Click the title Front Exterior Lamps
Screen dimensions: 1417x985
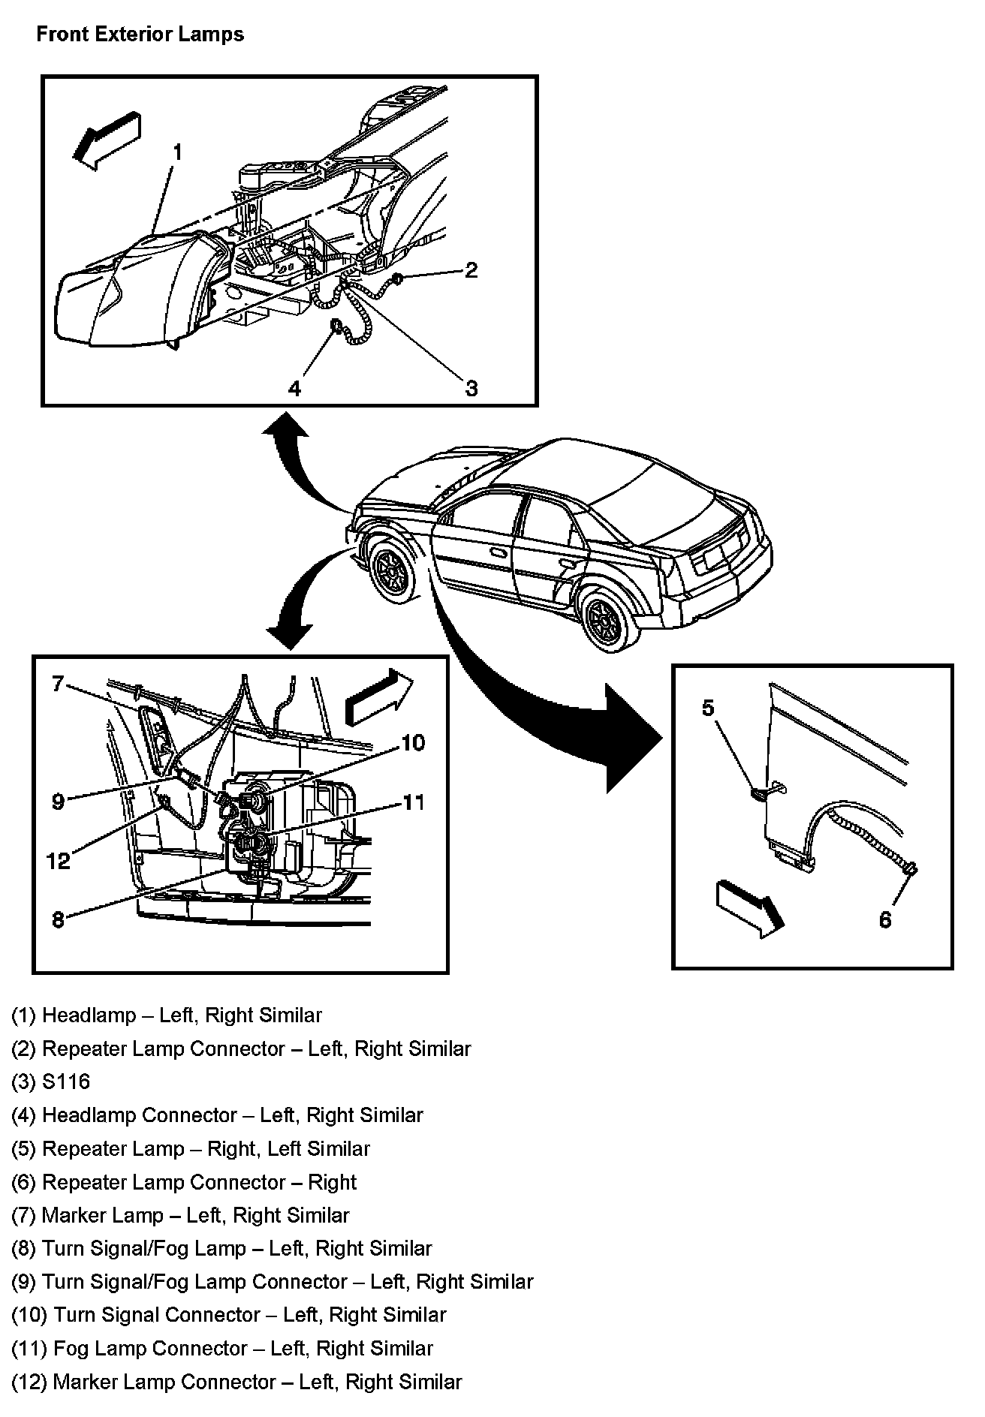140,35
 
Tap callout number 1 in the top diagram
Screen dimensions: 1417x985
177,152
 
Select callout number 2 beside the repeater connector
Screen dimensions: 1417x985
471,270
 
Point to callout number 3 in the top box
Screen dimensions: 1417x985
471,388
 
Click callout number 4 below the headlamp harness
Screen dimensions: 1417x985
294,388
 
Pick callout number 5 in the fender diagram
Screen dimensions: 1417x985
708,708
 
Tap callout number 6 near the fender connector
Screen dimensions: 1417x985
885,919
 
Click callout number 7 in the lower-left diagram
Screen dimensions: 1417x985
58,684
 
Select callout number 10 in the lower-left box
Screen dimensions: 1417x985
413,743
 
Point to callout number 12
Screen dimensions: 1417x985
58,861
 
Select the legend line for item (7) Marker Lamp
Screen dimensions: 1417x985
180,1215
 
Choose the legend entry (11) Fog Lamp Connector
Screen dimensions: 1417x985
222,1348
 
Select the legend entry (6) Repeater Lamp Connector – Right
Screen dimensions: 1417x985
184,1182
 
